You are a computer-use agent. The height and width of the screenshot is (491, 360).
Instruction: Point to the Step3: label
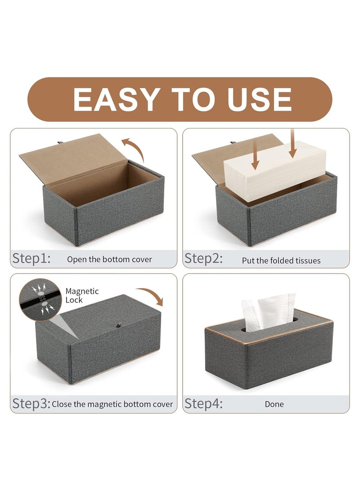click(31, 403)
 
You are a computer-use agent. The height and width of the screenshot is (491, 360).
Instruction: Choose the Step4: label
click(204, 403)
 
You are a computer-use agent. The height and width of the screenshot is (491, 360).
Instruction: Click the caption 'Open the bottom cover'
click(109, 259)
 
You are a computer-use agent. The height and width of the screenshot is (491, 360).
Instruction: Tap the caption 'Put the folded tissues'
click(281, 260)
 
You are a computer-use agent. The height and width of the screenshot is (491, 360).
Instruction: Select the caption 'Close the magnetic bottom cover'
click(112, 404)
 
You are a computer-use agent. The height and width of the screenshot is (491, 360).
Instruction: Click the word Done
click(274, 404)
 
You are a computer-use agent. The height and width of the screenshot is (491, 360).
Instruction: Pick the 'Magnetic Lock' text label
click(82, 295)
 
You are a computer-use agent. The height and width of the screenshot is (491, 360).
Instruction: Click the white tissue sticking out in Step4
click(269, 310)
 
